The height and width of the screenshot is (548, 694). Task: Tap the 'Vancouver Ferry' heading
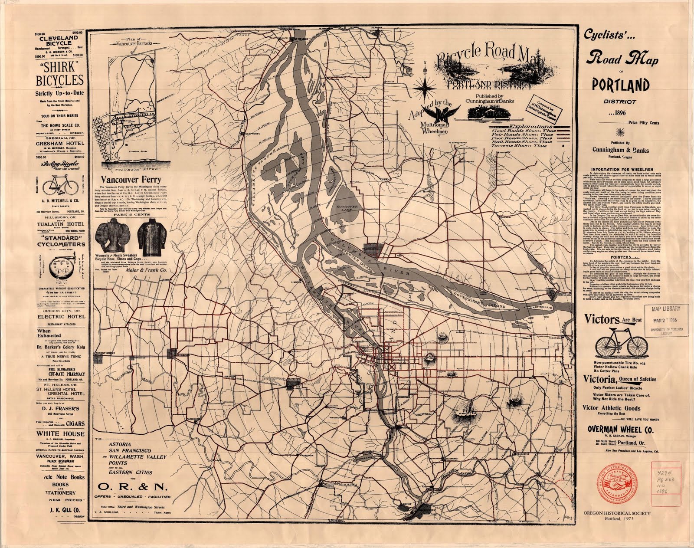pyautogui.click(x=131, y=179)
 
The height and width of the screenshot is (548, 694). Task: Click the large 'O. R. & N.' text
pyautogui.click(x=133, y=486)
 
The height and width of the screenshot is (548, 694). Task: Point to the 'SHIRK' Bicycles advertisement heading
pyautogui.click(x=59, y=74)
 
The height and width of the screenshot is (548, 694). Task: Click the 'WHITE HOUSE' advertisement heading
pyautogui.click(x=60, y=434)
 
